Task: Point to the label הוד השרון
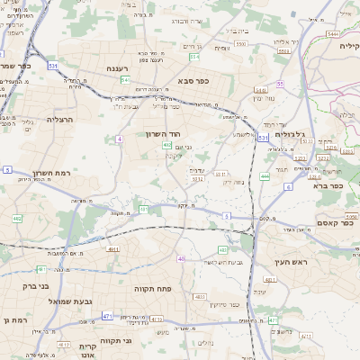click(x=164, y=133)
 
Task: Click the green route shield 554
click(x=194, y=57)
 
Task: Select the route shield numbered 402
click(x=167, y=144)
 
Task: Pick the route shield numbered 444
click(x=265, y=176)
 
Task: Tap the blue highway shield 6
click(x=288, y=186)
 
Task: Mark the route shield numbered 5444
click(x=333, y=33)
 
